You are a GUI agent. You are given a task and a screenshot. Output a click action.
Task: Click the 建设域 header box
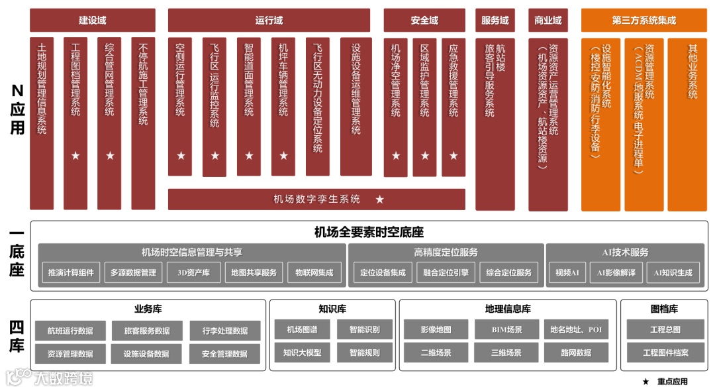pyautogui.click(x=93, y=21)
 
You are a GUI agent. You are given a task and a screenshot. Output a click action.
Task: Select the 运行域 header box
pyautogui.click(x=269, y=21)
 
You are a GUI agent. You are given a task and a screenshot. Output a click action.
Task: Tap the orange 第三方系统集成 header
pyautogui.click(x=643, y=21)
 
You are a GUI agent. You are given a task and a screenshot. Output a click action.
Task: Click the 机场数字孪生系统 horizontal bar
pyautogui.click(x=316, y=199)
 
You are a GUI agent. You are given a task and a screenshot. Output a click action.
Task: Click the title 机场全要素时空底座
pyautogui.click(x=369, y=233)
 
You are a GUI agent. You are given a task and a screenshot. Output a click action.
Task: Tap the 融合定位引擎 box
pyautogui.click(x=446, y=272)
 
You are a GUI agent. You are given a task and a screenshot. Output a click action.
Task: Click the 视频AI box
pyautogui.click(x=567, y=272)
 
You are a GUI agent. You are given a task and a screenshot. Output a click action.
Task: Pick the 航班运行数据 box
pyautogui.click(x=70, y=331)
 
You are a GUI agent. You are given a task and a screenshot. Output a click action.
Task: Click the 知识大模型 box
pyautogui.click(x=302, y=353)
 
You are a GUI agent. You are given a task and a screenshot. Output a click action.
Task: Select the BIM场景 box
pyautogui.click(x=506, y=329)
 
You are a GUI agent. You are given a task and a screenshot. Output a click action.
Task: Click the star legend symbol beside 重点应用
pyautogui.click(x=645, y=382)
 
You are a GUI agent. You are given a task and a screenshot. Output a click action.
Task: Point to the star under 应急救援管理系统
pyautogui.click(x=453, y=156)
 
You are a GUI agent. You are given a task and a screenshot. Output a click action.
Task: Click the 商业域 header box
pyautogui.click(x=548, y=21)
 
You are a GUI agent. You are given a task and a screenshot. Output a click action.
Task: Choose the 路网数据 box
pyautogui.click(x=575, y=353)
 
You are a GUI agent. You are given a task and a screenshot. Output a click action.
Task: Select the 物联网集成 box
pyautogui.click(x=314, y=272)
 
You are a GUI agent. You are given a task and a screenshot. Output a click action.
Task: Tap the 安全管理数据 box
pyautogui.click(x=224, y=354)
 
